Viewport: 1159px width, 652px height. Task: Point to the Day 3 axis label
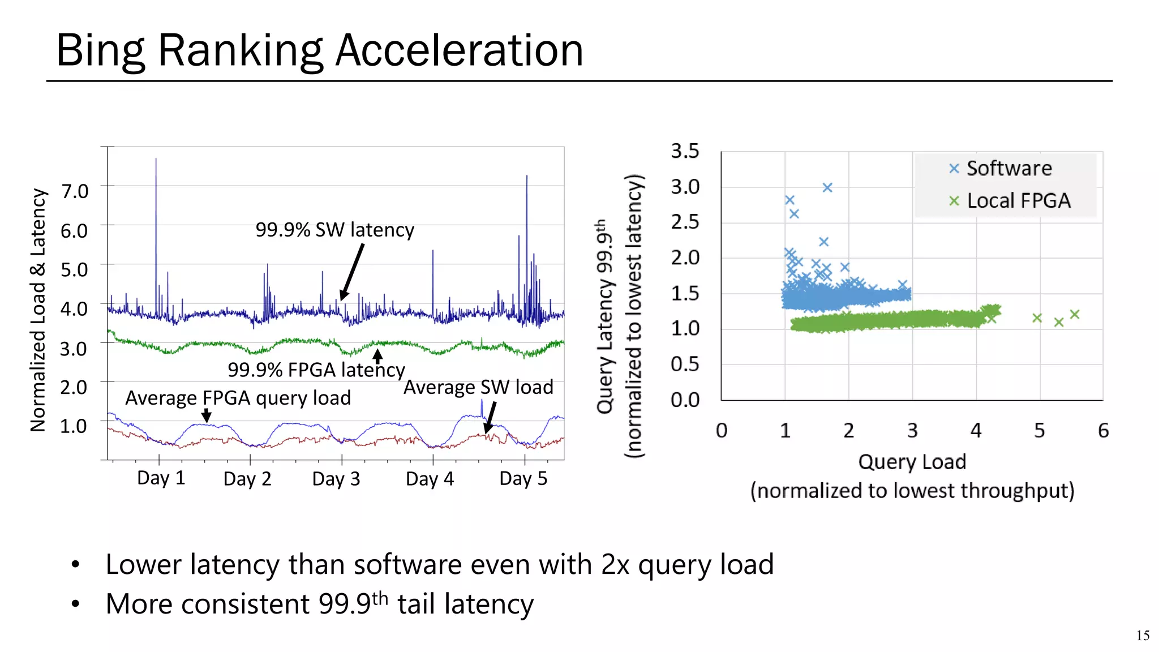[x=336, y=479]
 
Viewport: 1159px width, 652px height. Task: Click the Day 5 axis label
[x=523, y=479]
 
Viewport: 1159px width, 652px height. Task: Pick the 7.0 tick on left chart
[x=75, y=191]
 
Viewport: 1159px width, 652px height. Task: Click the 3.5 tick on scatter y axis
[x=685, y=151]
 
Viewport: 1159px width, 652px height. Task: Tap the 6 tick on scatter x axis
[x=1103, y=431]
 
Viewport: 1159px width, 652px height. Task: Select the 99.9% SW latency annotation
[x=334, y=230]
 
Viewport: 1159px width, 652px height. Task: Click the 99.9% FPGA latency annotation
[x=316, y=370]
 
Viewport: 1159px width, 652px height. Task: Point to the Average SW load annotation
[x=478, y=387]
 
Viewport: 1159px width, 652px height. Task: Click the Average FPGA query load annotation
[x=238, y=398]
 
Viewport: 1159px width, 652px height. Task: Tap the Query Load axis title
[x=912, y=462]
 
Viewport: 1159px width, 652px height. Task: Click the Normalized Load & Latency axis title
[x=38, y=310]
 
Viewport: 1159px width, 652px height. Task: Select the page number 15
[x=1142, y=636]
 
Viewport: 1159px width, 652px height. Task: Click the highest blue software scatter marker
[x=827, y=187]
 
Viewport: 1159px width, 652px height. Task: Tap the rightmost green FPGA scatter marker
[x=1075, y=314]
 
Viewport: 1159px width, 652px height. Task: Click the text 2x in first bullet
[x=615, y=565]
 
